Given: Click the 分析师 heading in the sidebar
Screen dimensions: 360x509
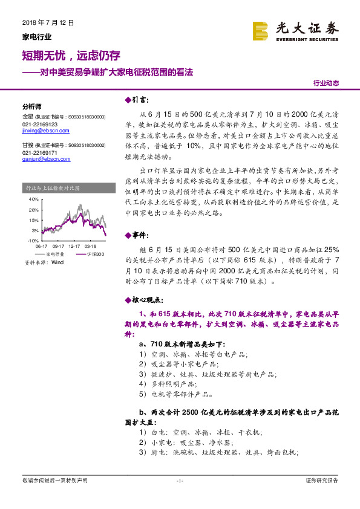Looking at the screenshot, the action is tap(31, 105).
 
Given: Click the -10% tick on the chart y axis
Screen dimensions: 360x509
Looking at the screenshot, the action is tap(33, 241).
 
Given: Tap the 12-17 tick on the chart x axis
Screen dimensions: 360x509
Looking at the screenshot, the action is tap(74, 246).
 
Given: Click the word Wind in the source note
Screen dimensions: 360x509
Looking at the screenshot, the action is tap(57, 263).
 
